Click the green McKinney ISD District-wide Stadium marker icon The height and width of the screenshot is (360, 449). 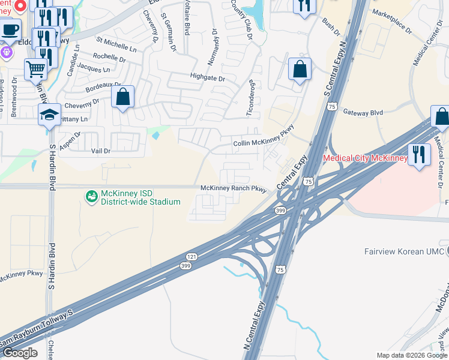91,196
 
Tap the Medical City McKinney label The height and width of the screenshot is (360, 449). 365,158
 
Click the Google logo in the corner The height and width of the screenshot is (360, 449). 20,353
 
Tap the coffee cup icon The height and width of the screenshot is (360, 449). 10,29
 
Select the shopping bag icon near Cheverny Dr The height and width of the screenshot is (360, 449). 122,97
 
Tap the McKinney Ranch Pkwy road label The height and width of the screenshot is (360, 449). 233,188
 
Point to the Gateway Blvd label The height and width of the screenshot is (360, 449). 363,112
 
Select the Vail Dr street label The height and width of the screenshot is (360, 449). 101,152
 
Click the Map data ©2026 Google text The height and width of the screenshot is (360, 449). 411,355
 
